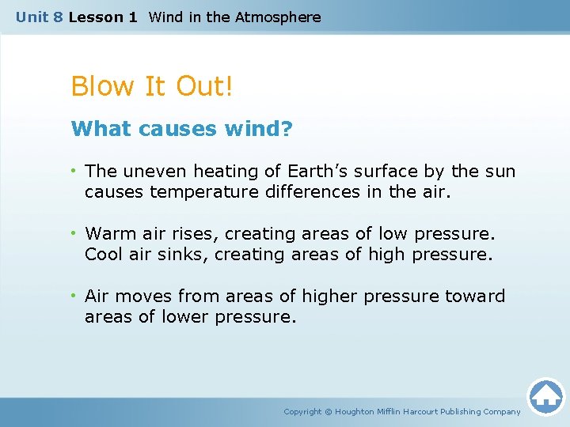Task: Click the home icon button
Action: click(545, 395)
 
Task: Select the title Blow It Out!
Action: click(152, 86)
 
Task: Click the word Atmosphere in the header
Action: click(278, 17)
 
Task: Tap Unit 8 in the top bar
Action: click(39, 17)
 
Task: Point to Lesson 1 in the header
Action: click(103, 17)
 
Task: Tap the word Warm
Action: click(110, 233)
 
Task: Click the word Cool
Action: click(104, 254)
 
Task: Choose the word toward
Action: click(475, 296)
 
